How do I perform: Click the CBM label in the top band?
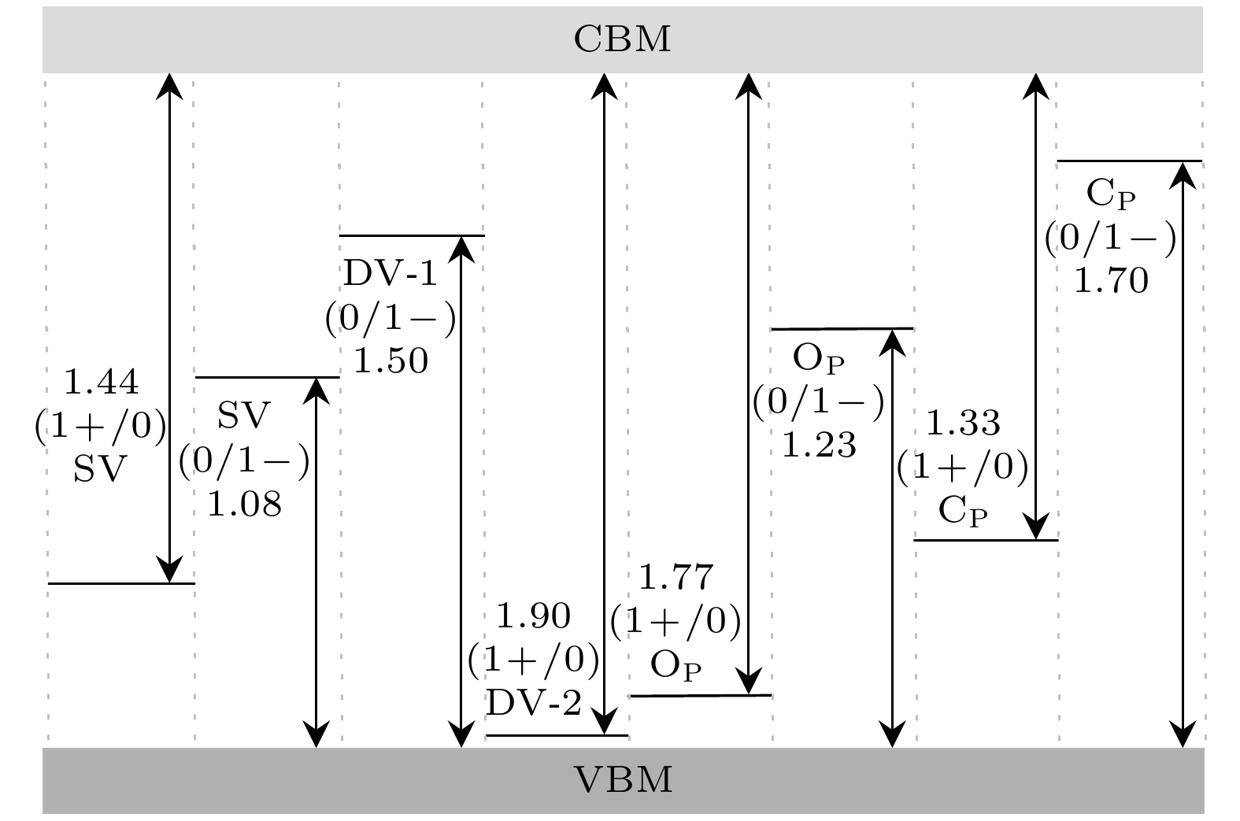coord(622,39)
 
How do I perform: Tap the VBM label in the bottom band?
coord(622,780)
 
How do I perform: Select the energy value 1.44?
coord(101,383)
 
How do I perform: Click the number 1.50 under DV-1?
coord(391,361)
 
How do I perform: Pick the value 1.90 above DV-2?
coord(535,616)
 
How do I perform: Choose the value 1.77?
coord(676,579)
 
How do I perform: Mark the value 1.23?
coord(819,446)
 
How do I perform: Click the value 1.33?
coord(963,423)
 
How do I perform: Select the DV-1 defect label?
coord(391,275)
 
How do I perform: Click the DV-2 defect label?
coord(535,703)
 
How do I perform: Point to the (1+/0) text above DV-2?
coord(535,660)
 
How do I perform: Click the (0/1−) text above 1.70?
coord(1111,238)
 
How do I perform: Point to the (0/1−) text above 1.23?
coord(819,402)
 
